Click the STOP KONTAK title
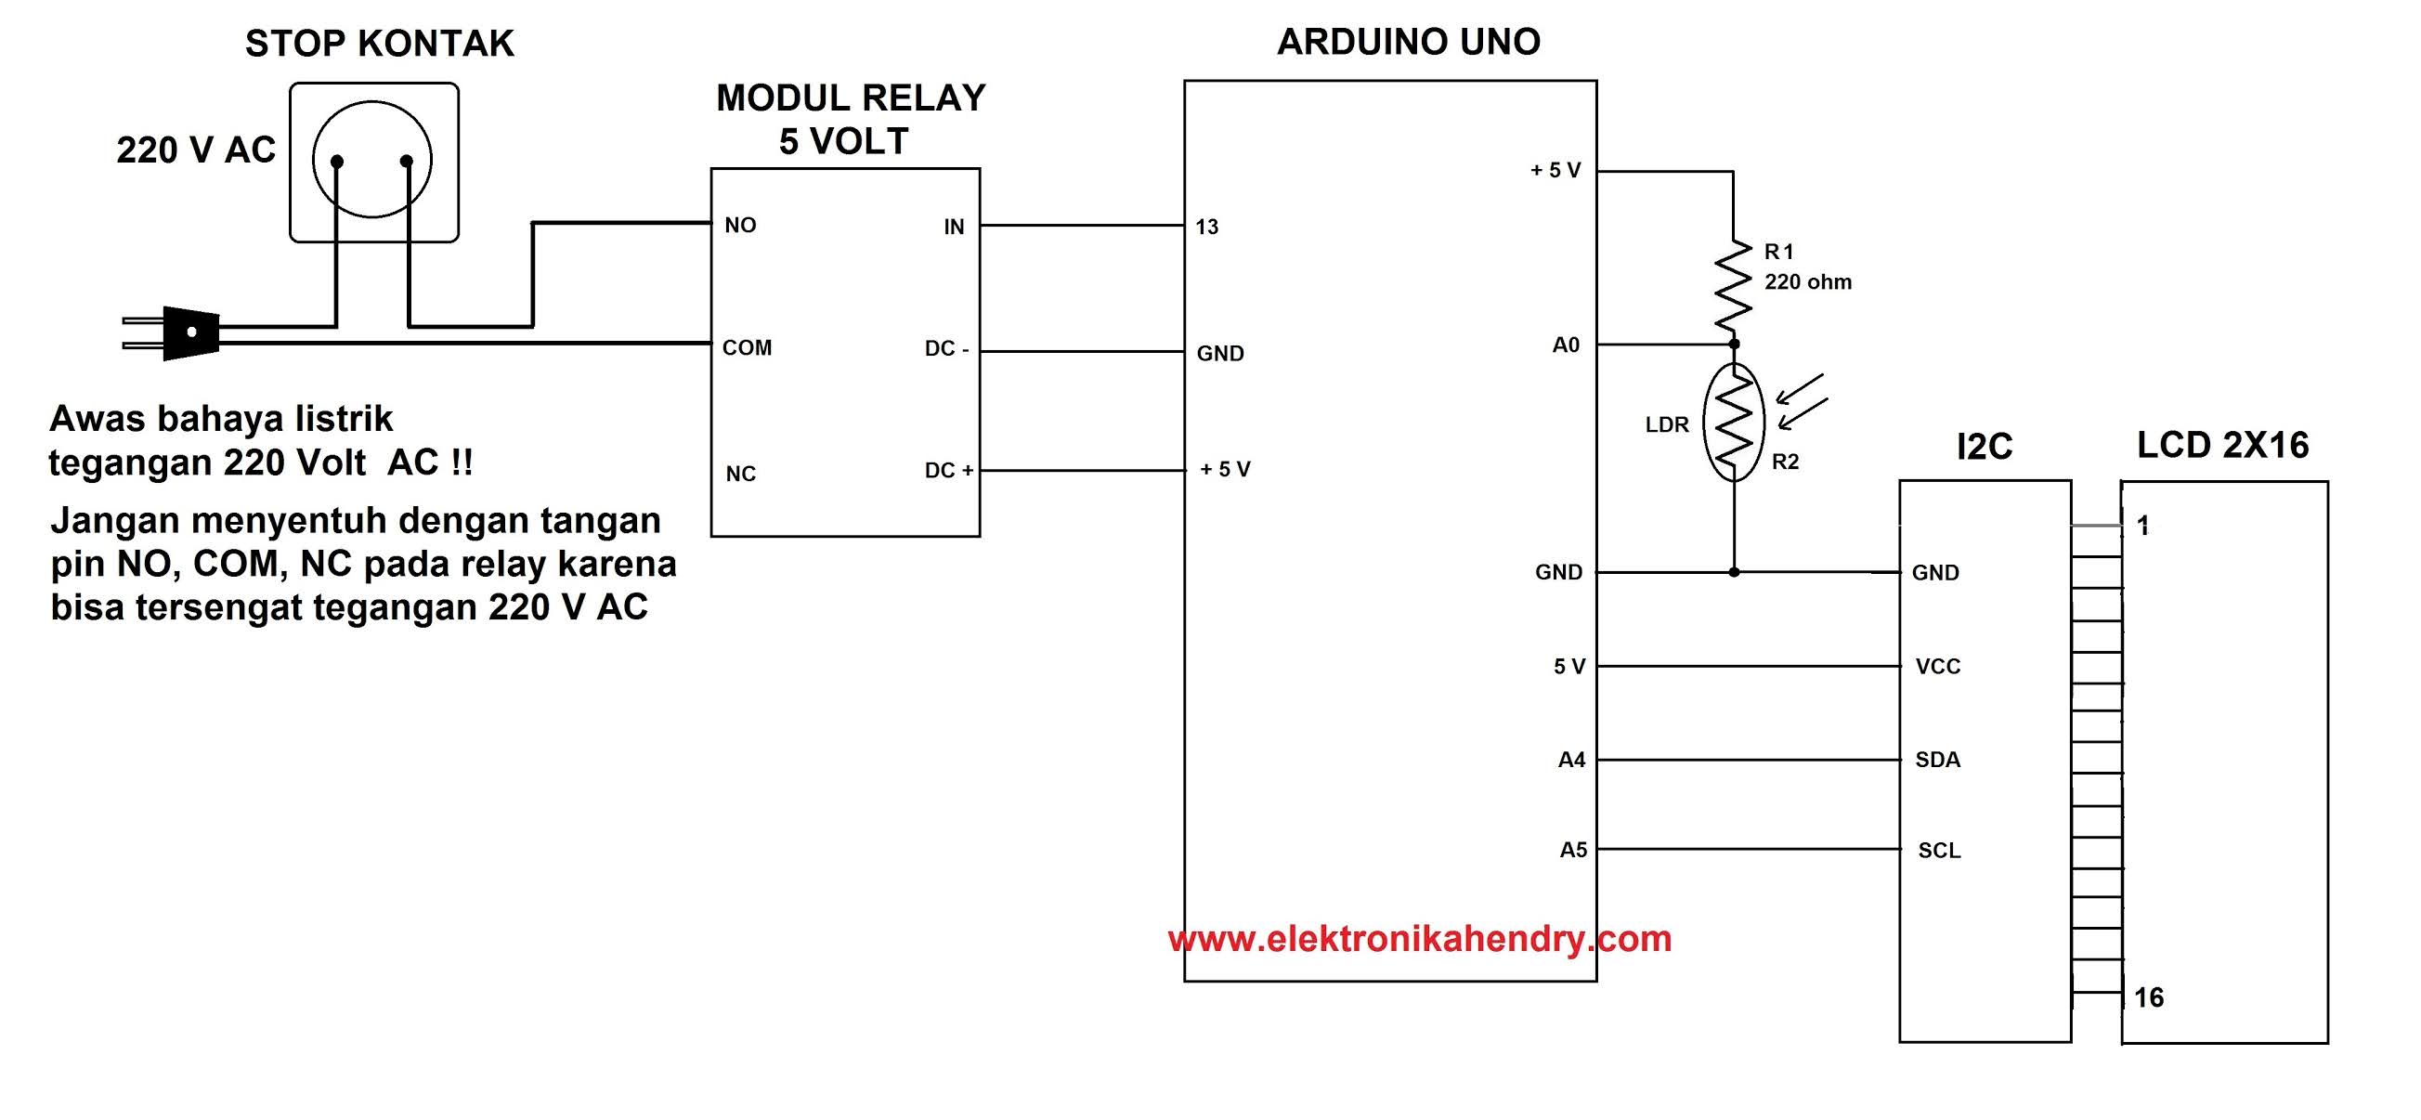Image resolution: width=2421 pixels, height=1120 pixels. [x=379, y=45]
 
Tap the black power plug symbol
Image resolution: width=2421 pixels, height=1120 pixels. [x=190, y=332]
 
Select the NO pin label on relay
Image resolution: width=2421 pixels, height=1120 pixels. [x=740, y=226]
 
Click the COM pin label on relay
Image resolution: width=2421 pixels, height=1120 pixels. [x=747, y=347]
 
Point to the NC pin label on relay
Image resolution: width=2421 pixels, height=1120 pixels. [x=740, y=474]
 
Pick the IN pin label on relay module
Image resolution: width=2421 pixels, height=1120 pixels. [x=954, y=227]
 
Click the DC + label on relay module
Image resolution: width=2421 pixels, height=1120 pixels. [x=948, y=471]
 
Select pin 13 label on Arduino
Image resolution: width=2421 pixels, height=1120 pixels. [x=1206, y=227]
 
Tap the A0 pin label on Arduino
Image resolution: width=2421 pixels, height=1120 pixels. [x=1566, y=345]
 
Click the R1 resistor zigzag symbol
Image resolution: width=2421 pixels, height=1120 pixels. [x=1733, y=287]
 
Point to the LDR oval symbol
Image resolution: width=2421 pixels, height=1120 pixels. [x=1733, y=423]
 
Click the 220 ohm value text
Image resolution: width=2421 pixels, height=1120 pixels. [x=1807, y=282]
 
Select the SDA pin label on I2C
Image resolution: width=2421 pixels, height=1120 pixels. [x=1937, y=761]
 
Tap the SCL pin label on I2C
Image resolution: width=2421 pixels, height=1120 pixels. [x=1939, y=852]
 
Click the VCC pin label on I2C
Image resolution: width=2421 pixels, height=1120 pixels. [x=1938, y=667]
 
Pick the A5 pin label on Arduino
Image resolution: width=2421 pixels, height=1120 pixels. [x=1573, y=851]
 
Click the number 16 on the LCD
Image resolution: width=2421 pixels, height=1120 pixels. [x=2149, y=996]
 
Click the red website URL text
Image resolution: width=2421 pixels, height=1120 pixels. [x=1419, y=939]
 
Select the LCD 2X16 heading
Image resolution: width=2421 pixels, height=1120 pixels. [x=2221, y=446]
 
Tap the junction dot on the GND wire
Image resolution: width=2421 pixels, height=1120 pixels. [x=1734, y=572]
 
